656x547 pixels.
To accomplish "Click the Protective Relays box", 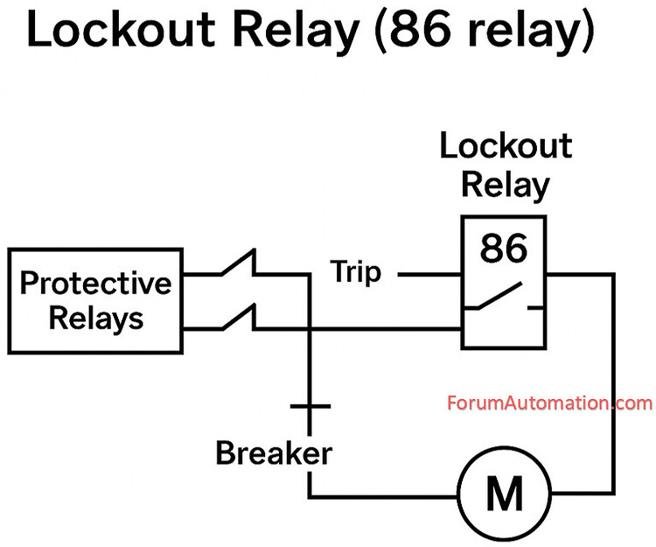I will coord(95,300).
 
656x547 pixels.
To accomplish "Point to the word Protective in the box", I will coord(95,284).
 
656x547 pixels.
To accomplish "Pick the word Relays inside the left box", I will coord(95,318).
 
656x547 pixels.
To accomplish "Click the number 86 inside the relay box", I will coord(504,249).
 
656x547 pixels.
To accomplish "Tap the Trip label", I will coord(356,273).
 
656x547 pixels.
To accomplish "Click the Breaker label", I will coord(274,453).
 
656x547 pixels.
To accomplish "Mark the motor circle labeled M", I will coord(503,495).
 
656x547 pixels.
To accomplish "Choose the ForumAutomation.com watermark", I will coord(549,403).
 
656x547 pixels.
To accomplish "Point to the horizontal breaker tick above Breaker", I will coord(309,406).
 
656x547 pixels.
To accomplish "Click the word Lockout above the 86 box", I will coord(505,147).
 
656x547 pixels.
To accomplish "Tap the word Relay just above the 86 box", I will coord(505,185).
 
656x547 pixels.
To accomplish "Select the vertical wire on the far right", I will coord(613,385).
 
